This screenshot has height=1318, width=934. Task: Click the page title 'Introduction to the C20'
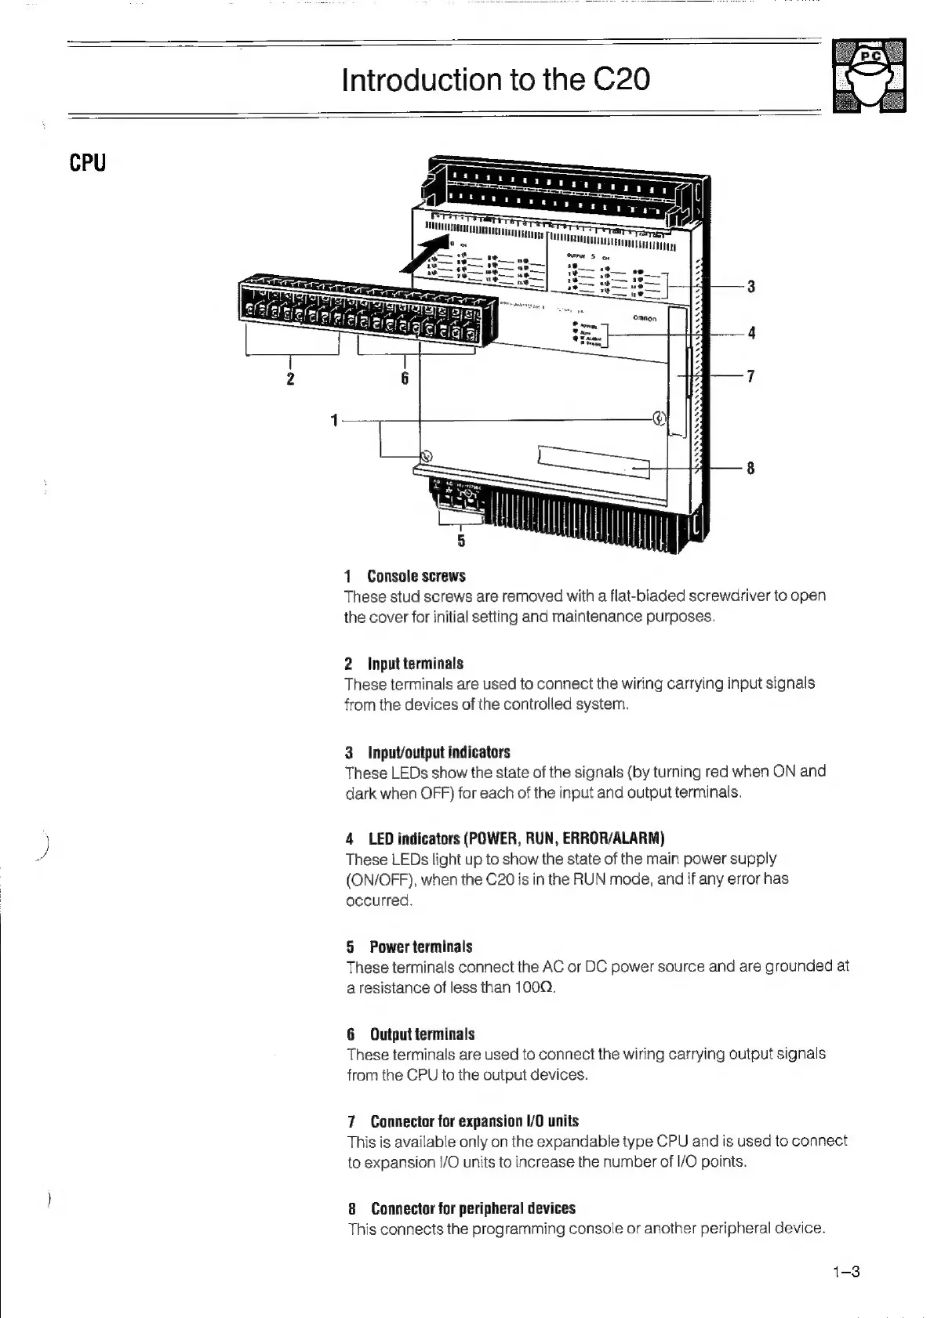point(496,80)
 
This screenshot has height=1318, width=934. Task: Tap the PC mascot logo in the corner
point(869,75)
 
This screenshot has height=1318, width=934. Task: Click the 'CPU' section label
point(87,163)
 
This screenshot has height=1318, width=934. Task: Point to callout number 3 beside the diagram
point(751,287)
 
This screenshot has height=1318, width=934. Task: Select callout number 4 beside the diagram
point(751,333)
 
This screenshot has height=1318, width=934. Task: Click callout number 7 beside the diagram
point(751,377)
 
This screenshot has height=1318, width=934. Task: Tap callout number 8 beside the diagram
point(750,469)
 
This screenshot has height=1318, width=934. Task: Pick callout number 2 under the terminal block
point(290,379)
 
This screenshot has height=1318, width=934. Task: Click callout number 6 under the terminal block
point(405,379)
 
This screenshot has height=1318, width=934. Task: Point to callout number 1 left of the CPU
point(334,421)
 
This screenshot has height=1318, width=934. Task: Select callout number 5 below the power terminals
point(461,541)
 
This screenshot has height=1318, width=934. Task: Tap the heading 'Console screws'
point(416,577)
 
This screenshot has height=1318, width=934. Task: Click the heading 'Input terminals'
point(416,664)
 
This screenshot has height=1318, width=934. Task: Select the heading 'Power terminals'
point(421,947)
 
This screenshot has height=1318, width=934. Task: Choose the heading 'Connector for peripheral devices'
point(473,1208)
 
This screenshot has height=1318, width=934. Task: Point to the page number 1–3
point(846,1272)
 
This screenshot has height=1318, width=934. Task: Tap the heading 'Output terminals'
point(422,1034)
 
